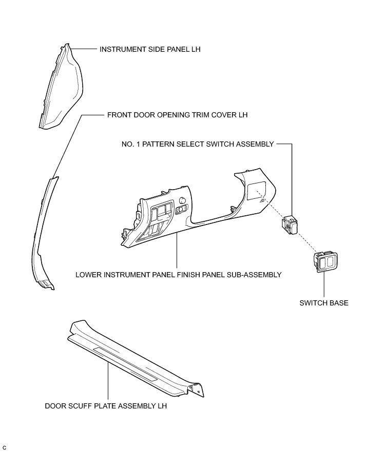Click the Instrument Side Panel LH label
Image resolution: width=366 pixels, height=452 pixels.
click(143, 50)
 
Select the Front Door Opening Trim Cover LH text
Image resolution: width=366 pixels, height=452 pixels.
click(177, 115)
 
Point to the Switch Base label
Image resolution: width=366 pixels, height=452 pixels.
click(324, 303)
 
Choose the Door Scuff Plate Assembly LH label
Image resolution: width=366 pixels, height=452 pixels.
click(106, 406)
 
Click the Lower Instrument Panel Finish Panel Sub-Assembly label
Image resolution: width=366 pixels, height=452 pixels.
click(178, 275)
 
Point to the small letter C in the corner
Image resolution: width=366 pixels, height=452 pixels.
click(4, 448)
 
